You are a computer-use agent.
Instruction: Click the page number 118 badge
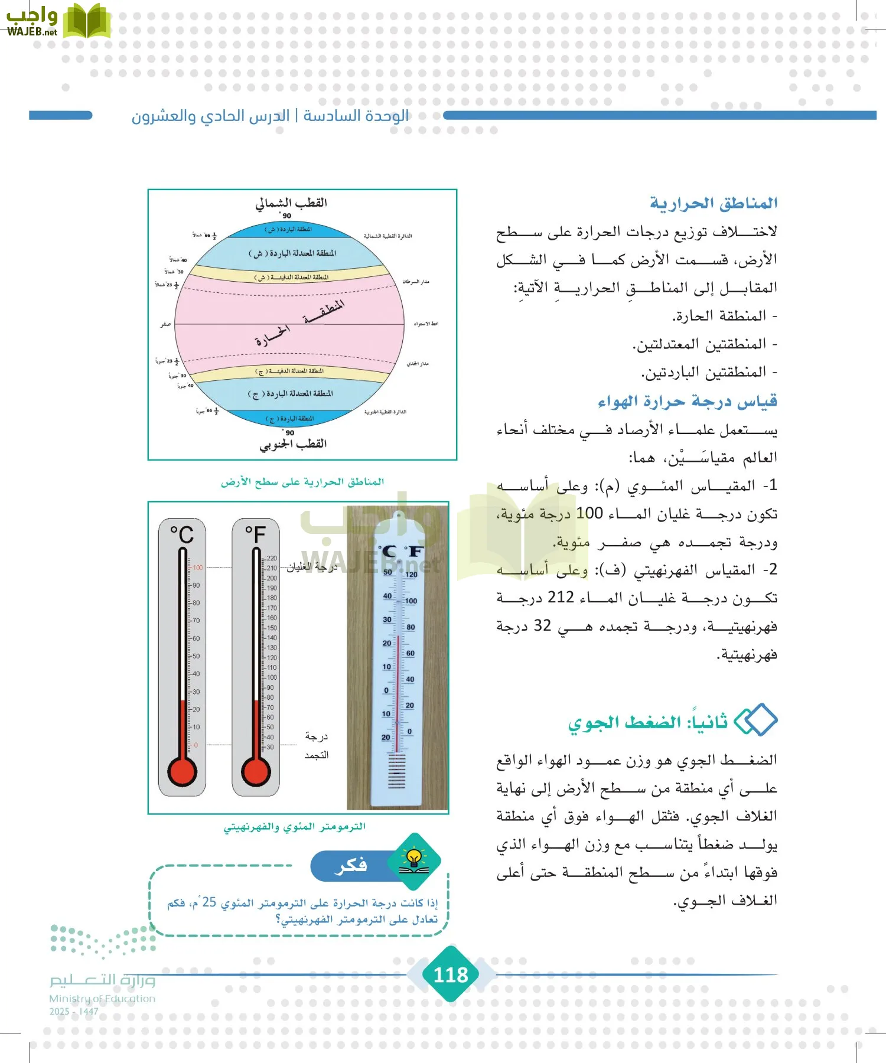(451, 974)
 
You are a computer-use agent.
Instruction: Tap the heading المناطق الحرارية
(714, 203)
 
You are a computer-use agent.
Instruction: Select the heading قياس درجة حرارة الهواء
(687, 402)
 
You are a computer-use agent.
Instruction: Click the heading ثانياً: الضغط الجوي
(648, 722)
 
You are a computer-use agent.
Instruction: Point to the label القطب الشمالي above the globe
(291, 203)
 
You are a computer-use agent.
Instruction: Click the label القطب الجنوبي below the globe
(293, 444)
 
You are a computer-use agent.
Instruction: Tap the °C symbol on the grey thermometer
(182, 534)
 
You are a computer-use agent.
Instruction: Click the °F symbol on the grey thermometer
(256, 534)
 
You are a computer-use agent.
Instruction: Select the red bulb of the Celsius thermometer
(182, 771)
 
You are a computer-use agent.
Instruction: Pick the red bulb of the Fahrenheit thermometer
(256, 771)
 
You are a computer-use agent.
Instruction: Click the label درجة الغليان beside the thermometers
(311, 567)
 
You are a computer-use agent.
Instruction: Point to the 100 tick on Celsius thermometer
(197, 568)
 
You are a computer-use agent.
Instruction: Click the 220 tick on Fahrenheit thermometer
(271, 558)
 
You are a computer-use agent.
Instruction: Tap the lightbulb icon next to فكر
(415, 861)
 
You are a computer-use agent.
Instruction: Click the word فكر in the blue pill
(351, 865)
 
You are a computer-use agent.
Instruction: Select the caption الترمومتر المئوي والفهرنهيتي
(294, 827)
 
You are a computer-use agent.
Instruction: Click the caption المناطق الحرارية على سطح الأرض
(302, 482)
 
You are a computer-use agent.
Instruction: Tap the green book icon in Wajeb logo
(87, 22)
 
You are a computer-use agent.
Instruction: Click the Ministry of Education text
(102, 999)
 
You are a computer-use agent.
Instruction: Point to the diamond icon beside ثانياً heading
(755, 720)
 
